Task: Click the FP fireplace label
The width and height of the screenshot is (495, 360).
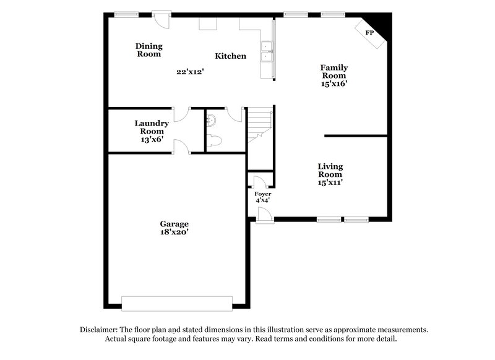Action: [x=369, y=32]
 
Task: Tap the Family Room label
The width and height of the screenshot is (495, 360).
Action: [x=334, y=72]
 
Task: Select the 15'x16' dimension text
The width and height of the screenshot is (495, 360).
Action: [x=334, y=84]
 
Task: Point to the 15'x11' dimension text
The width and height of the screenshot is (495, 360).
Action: [x=330, y=182]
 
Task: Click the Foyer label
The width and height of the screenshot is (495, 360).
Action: [x=264, y=194]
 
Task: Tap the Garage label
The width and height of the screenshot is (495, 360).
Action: [x=174, y=224]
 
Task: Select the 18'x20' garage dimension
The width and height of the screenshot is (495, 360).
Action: [x=174, y=233]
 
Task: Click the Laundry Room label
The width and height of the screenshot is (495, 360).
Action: [x=152, y=127]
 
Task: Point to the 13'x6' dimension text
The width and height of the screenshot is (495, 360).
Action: [x=152, y=140]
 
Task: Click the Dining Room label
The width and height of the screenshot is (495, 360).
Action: [x=148, y=49]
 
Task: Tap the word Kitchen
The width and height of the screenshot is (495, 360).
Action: [x=230, y=56]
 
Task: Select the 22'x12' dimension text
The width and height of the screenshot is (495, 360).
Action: [x=190, y=72]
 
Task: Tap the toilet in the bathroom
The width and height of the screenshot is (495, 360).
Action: [x=213, y=141]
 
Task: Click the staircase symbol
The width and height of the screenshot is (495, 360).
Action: [x=260, y=124]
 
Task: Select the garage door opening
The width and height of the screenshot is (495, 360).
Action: [x=177, y=303]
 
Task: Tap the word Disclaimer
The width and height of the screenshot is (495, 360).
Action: [x=101, y=330]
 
